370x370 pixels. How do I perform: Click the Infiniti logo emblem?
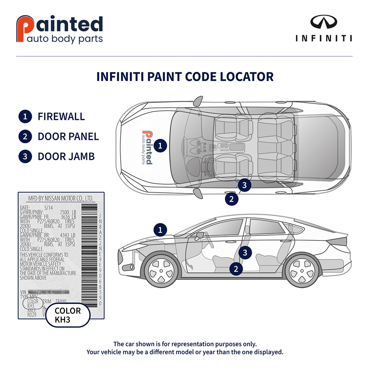click(x=324, y=23)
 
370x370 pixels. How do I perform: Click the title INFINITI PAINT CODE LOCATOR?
click(x=185, y=77)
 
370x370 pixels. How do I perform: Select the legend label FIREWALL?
click(x=61, y=117)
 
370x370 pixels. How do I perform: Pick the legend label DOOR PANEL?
click(x=68, y=137)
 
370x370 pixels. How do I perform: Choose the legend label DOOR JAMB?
click(x=66, y=156)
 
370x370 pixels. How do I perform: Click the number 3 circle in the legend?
click(x=25, y=156)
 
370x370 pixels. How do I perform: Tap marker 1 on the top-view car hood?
click(x=160, y=145)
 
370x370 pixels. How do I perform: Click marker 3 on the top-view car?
click(x=245, y=184)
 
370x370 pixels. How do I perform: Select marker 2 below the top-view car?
click(x=232, y=199)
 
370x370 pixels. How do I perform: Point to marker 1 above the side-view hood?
click(x=160, y=230)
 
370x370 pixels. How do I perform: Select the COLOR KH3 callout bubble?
click(x=68, y=315)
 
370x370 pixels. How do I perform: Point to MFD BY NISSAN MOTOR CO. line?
click(x=61, y=199)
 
